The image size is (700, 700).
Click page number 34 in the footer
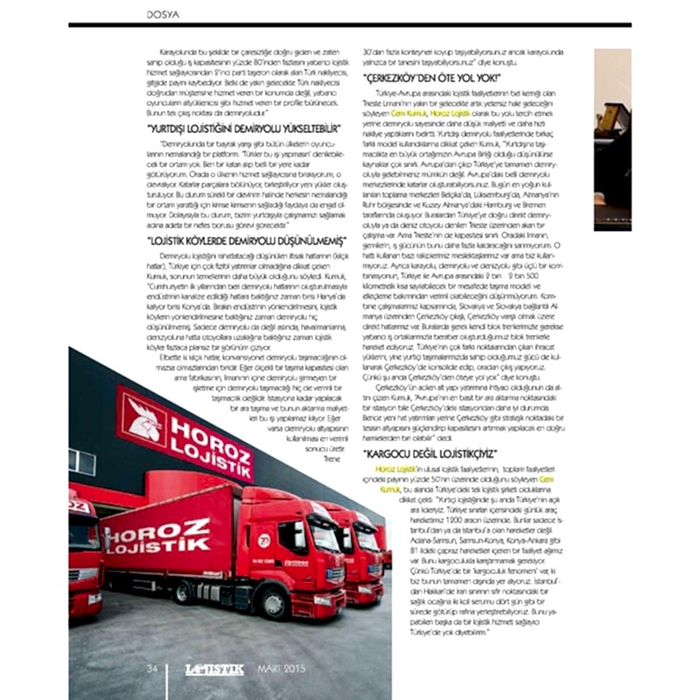(151, 668)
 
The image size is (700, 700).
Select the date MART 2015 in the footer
(277, 669)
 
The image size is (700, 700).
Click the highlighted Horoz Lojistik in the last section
(390, 470)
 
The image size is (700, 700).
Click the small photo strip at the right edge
(612, 140)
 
